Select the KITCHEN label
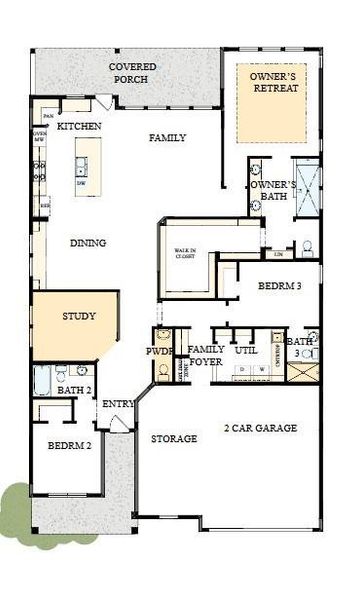(x=79, y=127)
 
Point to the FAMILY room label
(x=167, y=137)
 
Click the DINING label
(x=88, y=243)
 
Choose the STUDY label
(x=79, y=317)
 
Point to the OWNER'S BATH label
(x=273, y=192)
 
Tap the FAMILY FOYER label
(x=206, y=356)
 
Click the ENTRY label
(x=118, y=404)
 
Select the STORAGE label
(x=174, y=439)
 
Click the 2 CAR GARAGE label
(x=261, y=428)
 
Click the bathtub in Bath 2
(x=42, y=381)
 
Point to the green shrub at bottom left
(x=17, y=504)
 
